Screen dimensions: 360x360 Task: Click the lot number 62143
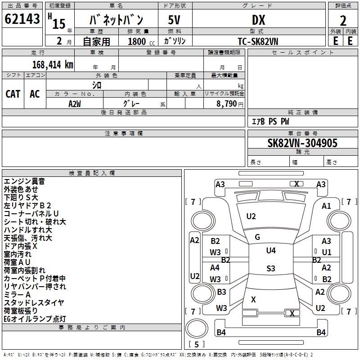(x=22, y=18)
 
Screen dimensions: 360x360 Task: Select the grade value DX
(x=258, y=20)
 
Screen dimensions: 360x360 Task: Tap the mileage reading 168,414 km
(x=53, y=65)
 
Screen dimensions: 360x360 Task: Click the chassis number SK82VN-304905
(x=302, y=143)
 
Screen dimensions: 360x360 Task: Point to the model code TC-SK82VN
(x=258, y=41)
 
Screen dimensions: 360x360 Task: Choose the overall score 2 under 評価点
(x=343, y=21)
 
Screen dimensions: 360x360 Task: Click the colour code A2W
(x=75, y=104)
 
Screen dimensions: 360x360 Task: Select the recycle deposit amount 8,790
(x=227, y=104)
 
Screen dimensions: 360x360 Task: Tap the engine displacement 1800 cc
(x=141, y=41)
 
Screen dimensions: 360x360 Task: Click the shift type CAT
(x=13, y=94)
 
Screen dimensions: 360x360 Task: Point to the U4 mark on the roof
(x=271, y=251)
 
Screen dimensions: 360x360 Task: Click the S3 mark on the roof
(x=271, y=268)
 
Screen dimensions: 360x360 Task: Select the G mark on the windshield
(x=257, y=237)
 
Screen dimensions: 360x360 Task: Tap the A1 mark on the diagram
(x=326, y=206)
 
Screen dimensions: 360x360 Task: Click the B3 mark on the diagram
(x=221, y=292)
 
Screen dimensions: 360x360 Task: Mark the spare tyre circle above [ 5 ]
(x=197, y=329)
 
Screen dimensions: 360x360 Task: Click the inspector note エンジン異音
(x=24, y=181)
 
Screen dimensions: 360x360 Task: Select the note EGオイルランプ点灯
(x=35, y=319)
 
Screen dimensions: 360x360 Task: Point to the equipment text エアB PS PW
(x=270, y=121)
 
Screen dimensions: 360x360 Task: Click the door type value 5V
(x=174, y=20)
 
